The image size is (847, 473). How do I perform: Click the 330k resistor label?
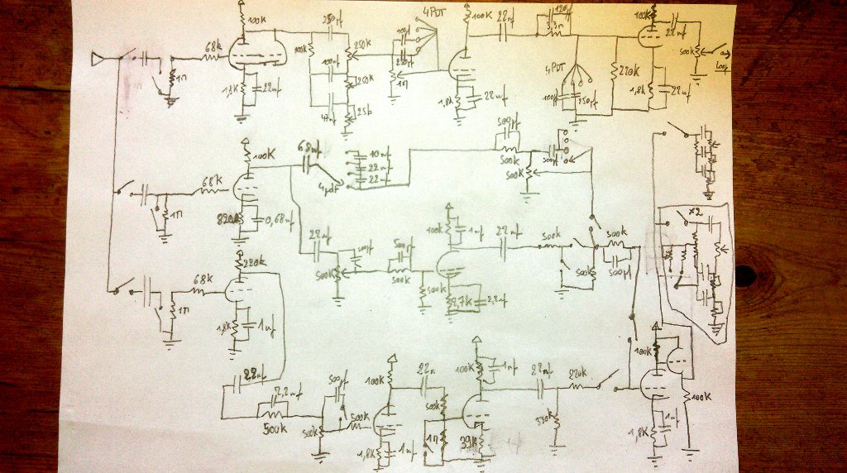[x=543, y=421]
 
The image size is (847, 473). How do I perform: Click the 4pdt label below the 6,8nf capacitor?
[x=328, y=189]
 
